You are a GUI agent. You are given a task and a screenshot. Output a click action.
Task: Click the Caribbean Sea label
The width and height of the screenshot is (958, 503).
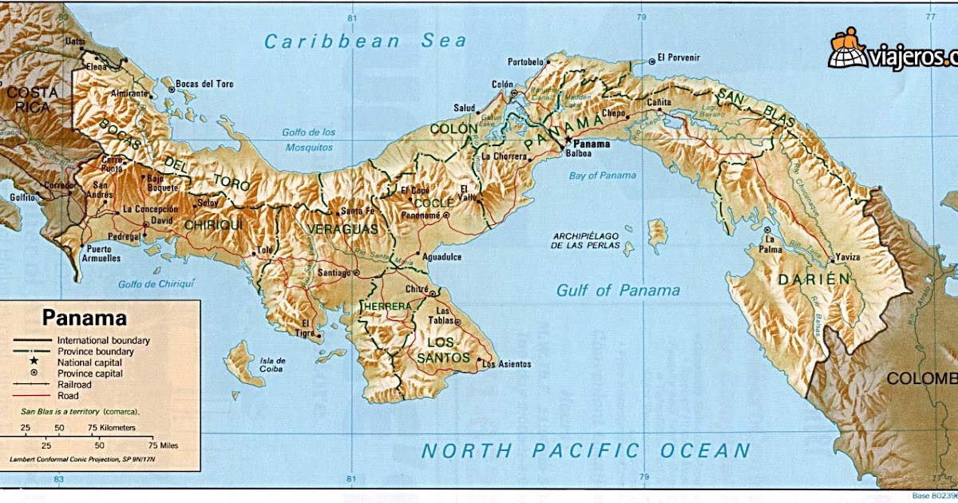point(365,42)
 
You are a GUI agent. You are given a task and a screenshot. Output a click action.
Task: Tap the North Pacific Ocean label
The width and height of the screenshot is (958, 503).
point(586,450)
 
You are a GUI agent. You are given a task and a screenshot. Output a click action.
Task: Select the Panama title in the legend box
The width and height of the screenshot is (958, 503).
point(85,318)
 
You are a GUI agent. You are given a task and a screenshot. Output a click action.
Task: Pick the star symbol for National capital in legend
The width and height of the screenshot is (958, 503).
point(34,362)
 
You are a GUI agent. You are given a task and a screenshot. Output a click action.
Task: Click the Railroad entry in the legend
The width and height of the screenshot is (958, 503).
point(74,384)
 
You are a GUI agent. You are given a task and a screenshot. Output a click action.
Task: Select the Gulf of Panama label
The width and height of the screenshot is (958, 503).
point(618,291)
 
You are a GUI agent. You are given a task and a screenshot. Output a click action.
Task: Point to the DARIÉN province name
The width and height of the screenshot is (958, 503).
point(814,279)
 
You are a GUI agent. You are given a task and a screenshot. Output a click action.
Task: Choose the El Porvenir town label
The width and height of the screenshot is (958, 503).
point(678,58)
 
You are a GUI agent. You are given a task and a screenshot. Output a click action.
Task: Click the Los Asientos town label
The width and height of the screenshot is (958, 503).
point(506,364)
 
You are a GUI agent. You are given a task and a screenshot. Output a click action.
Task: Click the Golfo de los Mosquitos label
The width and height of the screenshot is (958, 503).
point(308,140)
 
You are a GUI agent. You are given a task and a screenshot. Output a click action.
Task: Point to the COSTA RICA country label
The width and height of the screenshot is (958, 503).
point(29,100)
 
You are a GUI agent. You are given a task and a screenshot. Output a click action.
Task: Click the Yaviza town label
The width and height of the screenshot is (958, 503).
point(848,257)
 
